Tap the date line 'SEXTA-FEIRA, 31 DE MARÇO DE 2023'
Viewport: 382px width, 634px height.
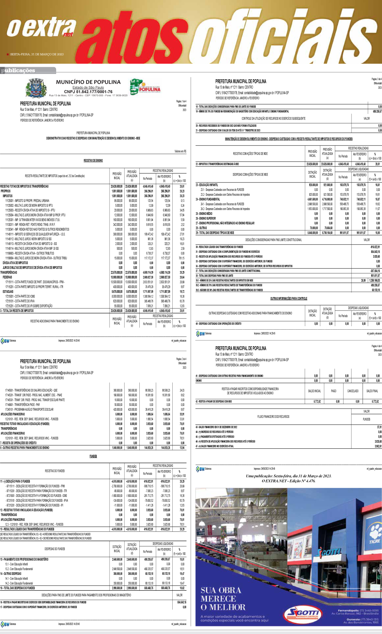(x=37, y=54)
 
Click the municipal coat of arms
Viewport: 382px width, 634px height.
(x=36, y=88)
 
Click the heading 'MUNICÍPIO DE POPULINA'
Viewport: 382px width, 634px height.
(x=88, y=82)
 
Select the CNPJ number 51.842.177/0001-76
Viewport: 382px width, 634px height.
(x=88, y=92)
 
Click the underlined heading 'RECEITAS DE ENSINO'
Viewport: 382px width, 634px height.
(x=93, y=161)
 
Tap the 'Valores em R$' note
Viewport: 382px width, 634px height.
(x=180, y=151)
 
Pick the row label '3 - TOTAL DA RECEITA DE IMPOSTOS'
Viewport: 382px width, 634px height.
(x=17, y=311)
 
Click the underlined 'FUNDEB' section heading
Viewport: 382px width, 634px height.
(x=93, y=456)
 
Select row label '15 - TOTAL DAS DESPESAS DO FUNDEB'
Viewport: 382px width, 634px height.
(x=17, y=588)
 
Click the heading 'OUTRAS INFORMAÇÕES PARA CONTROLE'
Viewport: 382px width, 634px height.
(x=288, y=298)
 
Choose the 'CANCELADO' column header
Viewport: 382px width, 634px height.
(x=353, y=391)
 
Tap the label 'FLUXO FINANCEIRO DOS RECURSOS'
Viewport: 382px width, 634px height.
(x=273, y=417)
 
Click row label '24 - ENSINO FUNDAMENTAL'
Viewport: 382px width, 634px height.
(x=208, y=199)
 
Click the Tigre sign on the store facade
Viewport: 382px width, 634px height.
(x=374, y=541)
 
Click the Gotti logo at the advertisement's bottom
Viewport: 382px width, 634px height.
(x=303, y=613)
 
